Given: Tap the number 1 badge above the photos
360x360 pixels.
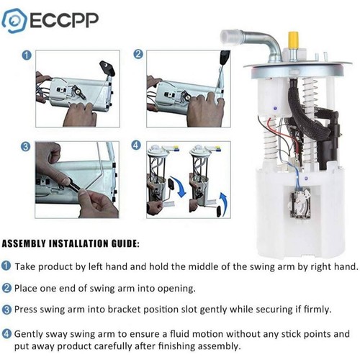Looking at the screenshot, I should pos(27,55).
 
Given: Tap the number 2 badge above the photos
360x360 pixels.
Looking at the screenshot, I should pos(138,55).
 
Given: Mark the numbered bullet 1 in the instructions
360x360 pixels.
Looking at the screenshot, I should pos(7,266).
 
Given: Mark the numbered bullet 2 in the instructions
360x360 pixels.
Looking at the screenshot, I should pos(7,288).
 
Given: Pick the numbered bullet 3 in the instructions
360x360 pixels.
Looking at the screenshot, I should pos(7,310).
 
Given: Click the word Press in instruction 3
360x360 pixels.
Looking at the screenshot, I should pos(28,310).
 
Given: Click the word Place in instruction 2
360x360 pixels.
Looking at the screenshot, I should pos(28,288).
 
